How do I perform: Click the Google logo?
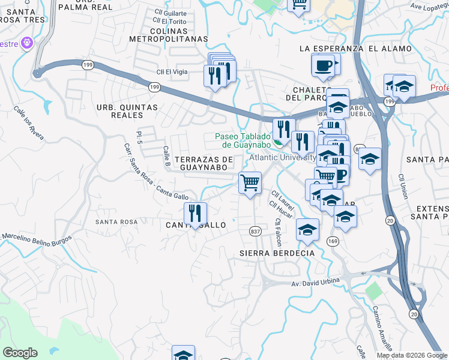20,353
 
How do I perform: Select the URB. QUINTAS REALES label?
127,111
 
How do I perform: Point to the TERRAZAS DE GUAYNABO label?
203,163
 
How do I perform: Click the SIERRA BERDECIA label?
277,253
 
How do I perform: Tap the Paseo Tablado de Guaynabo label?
243,140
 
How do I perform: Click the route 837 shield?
255,230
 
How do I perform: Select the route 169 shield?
333,241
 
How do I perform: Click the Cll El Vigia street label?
172,72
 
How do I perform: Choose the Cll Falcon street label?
278,232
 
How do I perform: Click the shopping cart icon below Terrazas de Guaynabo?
250,182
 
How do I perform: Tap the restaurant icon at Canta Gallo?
195,213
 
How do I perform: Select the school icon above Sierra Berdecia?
307,230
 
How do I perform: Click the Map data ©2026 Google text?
411,355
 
